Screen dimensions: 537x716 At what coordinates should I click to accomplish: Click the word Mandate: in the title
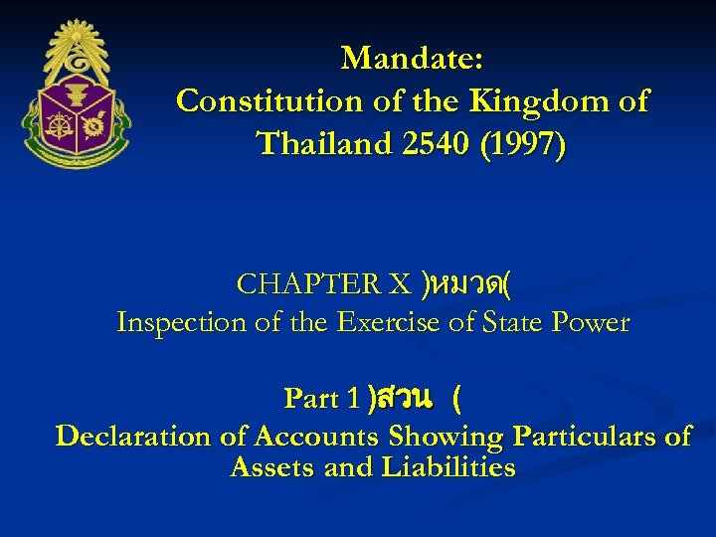coord(412,59)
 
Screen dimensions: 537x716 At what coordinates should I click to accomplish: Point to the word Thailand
coord(324,144)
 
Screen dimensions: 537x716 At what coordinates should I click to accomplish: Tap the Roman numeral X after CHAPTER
coord(399,284)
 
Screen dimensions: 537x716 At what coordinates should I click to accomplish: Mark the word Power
coord(594,322)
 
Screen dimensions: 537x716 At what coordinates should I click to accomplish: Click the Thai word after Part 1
coord(404,399)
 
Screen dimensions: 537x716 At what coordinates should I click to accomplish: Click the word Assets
coord(272,466)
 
